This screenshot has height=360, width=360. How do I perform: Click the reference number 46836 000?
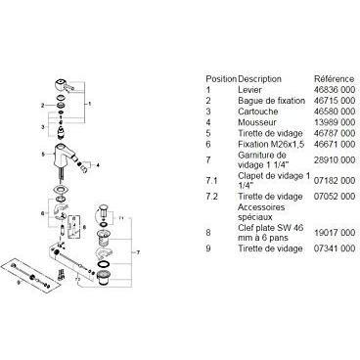[335, 90]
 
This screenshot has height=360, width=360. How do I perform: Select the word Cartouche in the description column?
[258, 112]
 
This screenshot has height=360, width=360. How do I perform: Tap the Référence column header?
[334, 79]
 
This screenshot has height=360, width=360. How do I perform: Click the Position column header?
[221, 79]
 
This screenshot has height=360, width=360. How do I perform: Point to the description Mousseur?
[257, 122]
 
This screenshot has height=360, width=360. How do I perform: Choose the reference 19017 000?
[335, 233]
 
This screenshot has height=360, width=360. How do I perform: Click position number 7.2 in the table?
[211, 197]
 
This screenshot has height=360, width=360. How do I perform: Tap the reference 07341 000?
[335, 248]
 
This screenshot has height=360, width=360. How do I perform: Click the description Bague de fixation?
[272, 101]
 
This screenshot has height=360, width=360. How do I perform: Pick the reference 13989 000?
[335, 122]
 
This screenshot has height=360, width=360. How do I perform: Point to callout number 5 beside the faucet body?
[43, 155]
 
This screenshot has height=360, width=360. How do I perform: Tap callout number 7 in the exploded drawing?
[138, 252]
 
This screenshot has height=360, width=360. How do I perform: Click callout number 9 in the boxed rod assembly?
[18, 284]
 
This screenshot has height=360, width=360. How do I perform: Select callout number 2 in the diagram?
[42, 105]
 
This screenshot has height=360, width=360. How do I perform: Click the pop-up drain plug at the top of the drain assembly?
[103, 211]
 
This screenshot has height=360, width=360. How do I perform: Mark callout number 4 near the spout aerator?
[97, 165]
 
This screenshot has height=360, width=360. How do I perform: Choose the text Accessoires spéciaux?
[256, 212]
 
